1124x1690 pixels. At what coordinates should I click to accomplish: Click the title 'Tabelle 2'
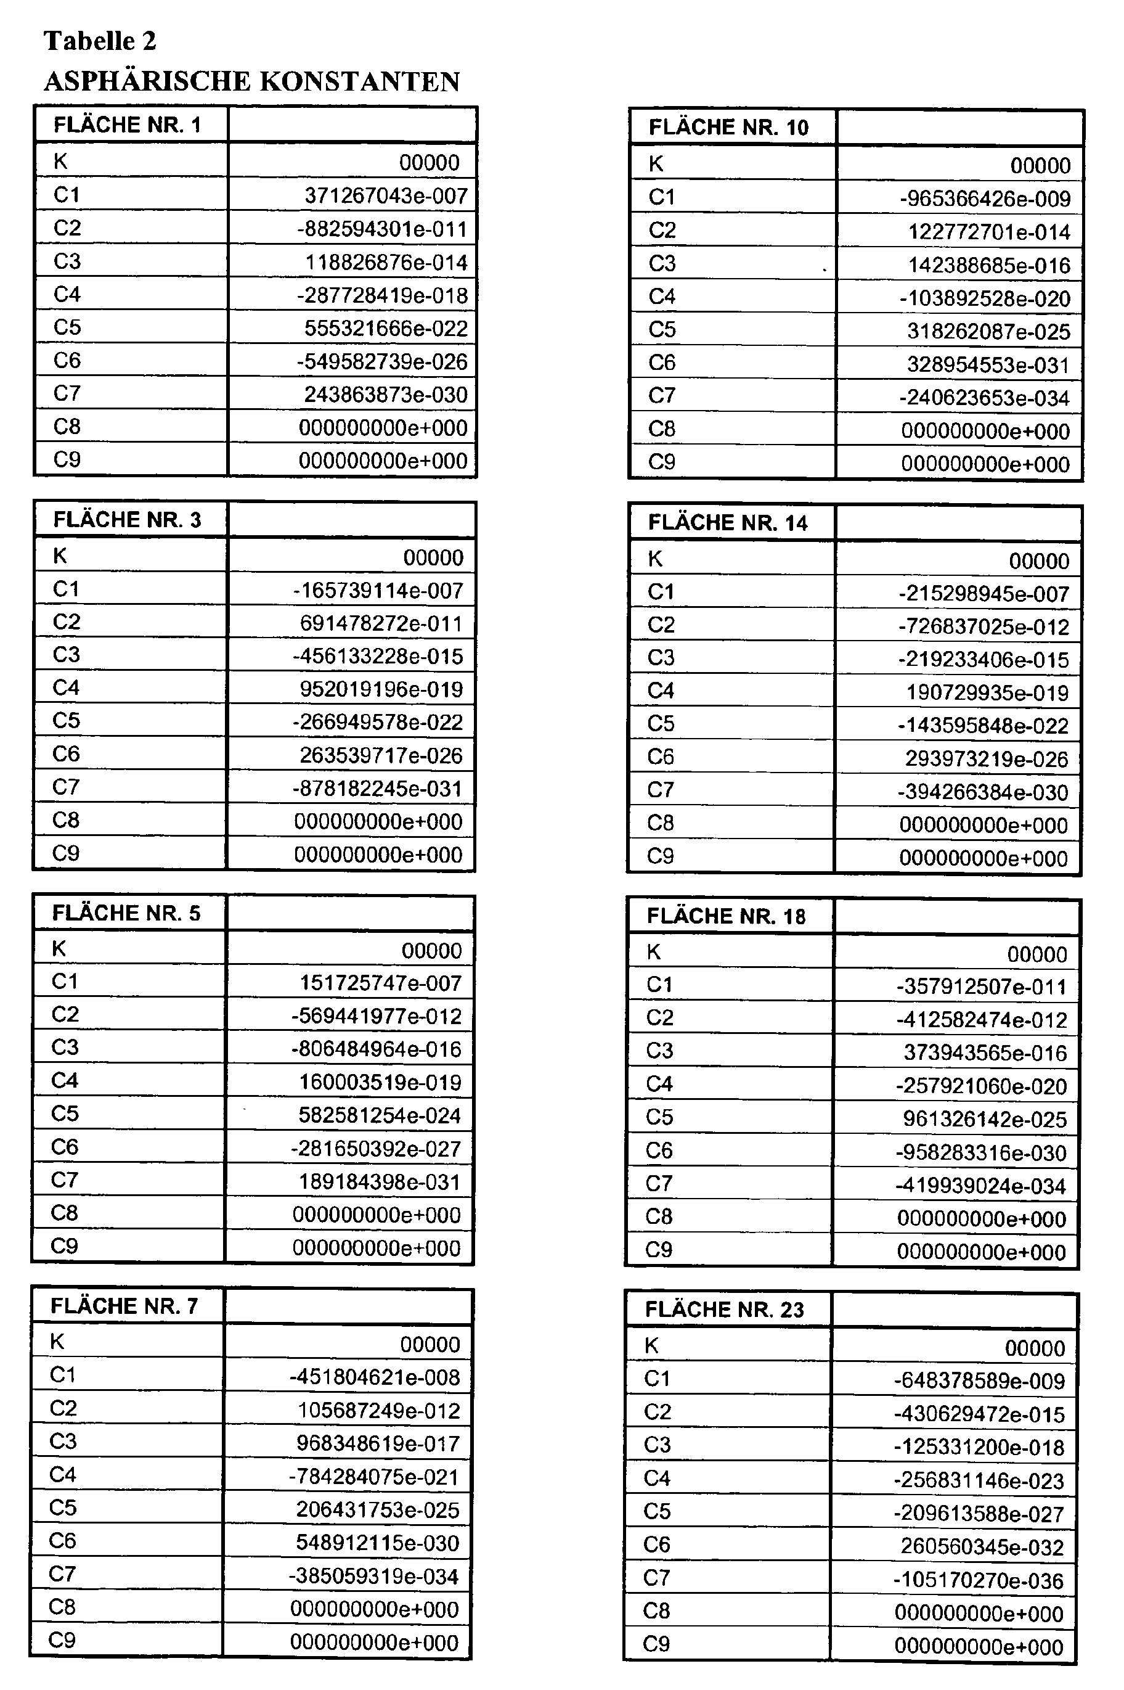click(x=100, y=41)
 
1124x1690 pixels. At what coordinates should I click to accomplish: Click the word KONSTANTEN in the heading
click(x=359, y=82)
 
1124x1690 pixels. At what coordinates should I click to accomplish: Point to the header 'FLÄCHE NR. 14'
click(x=728, y=523)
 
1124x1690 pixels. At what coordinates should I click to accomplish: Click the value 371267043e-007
click(x=386, y=195)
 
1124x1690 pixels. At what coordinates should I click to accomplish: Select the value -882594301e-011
click(x=382, y=229)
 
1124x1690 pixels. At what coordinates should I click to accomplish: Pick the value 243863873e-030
click(x=386, y=395)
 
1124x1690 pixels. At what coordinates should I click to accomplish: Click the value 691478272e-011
click(x=381, y=624)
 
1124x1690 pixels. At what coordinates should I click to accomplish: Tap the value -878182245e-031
click(x=377, y=789)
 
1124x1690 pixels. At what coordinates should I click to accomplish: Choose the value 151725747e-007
click(x=380, y=983)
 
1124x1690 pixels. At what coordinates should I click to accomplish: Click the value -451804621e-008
click(x=374, y=1377)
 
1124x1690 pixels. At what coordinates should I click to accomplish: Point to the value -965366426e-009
click(x=985, y=199)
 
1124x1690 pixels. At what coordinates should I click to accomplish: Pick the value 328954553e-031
click(x=988, y=365)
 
